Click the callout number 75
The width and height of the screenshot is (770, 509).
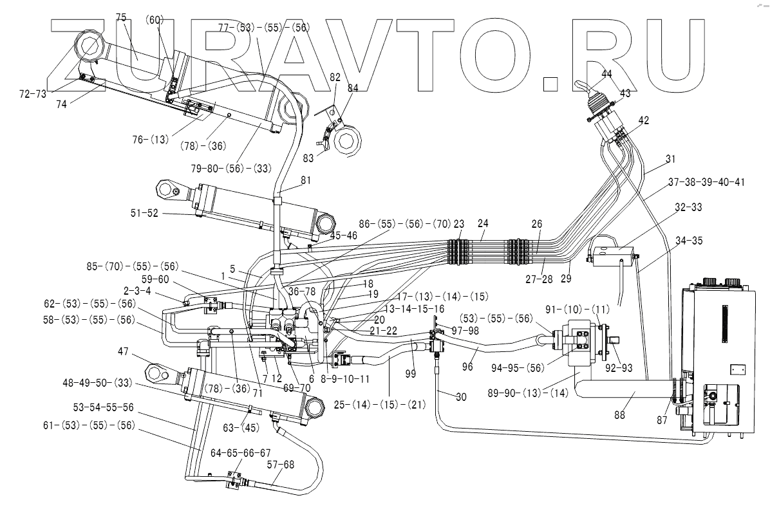(122, 17)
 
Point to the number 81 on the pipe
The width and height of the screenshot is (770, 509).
(305, 181)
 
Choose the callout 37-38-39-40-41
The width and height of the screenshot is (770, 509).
(706, 182)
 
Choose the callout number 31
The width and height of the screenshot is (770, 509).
(671, 159)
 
